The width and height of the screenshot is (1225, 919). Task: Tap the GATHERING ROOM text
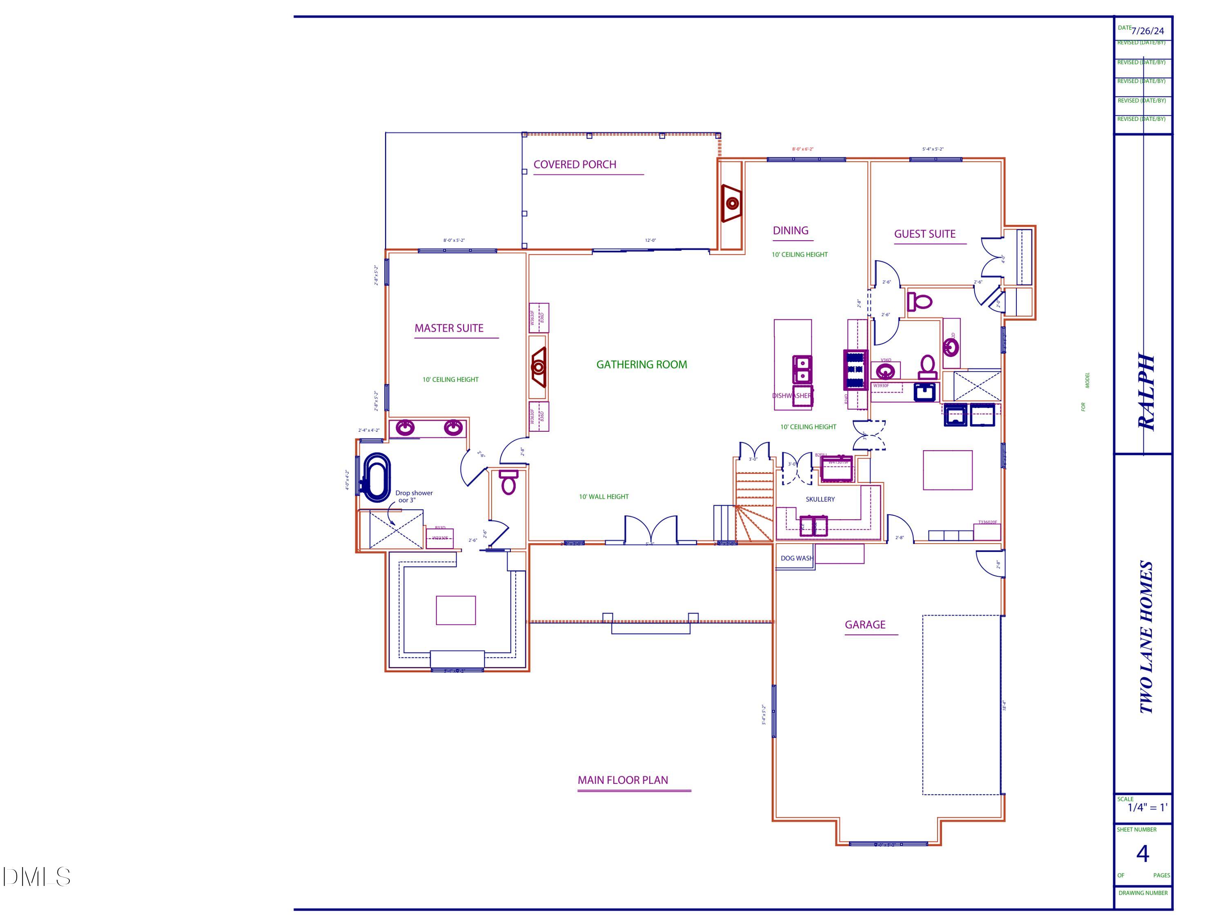pyautogui.click(x=641, y=364)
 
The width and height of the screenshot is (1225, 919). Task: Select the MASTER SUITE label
pyautogui.click(x=449, y=328)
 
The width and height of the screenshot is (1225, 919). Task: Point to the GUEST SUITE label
pyautogui.click(x=924, y=234)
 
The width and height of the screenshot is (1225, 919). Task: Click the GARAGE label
pyautogui.click(x=864, y=624)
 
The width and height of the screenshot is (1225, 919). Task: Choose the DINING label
pyautogui.click(x=790, y=230)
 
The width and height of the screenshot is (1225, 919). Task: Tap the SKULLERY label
pyautogui.click(x=820, y=499)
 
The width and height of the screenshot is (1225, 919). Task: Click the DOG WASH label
pyautogui.click(x=796, y=558)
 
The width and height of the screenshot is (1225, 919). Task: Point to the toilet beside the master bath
pyautogui.click(x=508, y=482)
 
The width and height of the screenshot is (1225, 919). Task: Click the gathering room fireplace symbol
pyautogui.click(x=538, y=367)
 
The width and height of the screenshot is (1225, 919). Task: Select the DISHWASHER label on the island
pyautogui.click(x=792, y=395)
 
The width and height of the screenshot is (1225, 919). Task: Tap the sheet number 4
pyautogui.click(x=1142, y=854)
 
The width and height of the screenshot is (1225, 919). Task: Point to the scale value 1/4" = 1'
pyautogui.click(x=1147, y=807)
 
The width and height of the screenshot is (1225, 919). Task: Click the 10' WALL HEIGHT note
pyautogui.click(x=604, y=496)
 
